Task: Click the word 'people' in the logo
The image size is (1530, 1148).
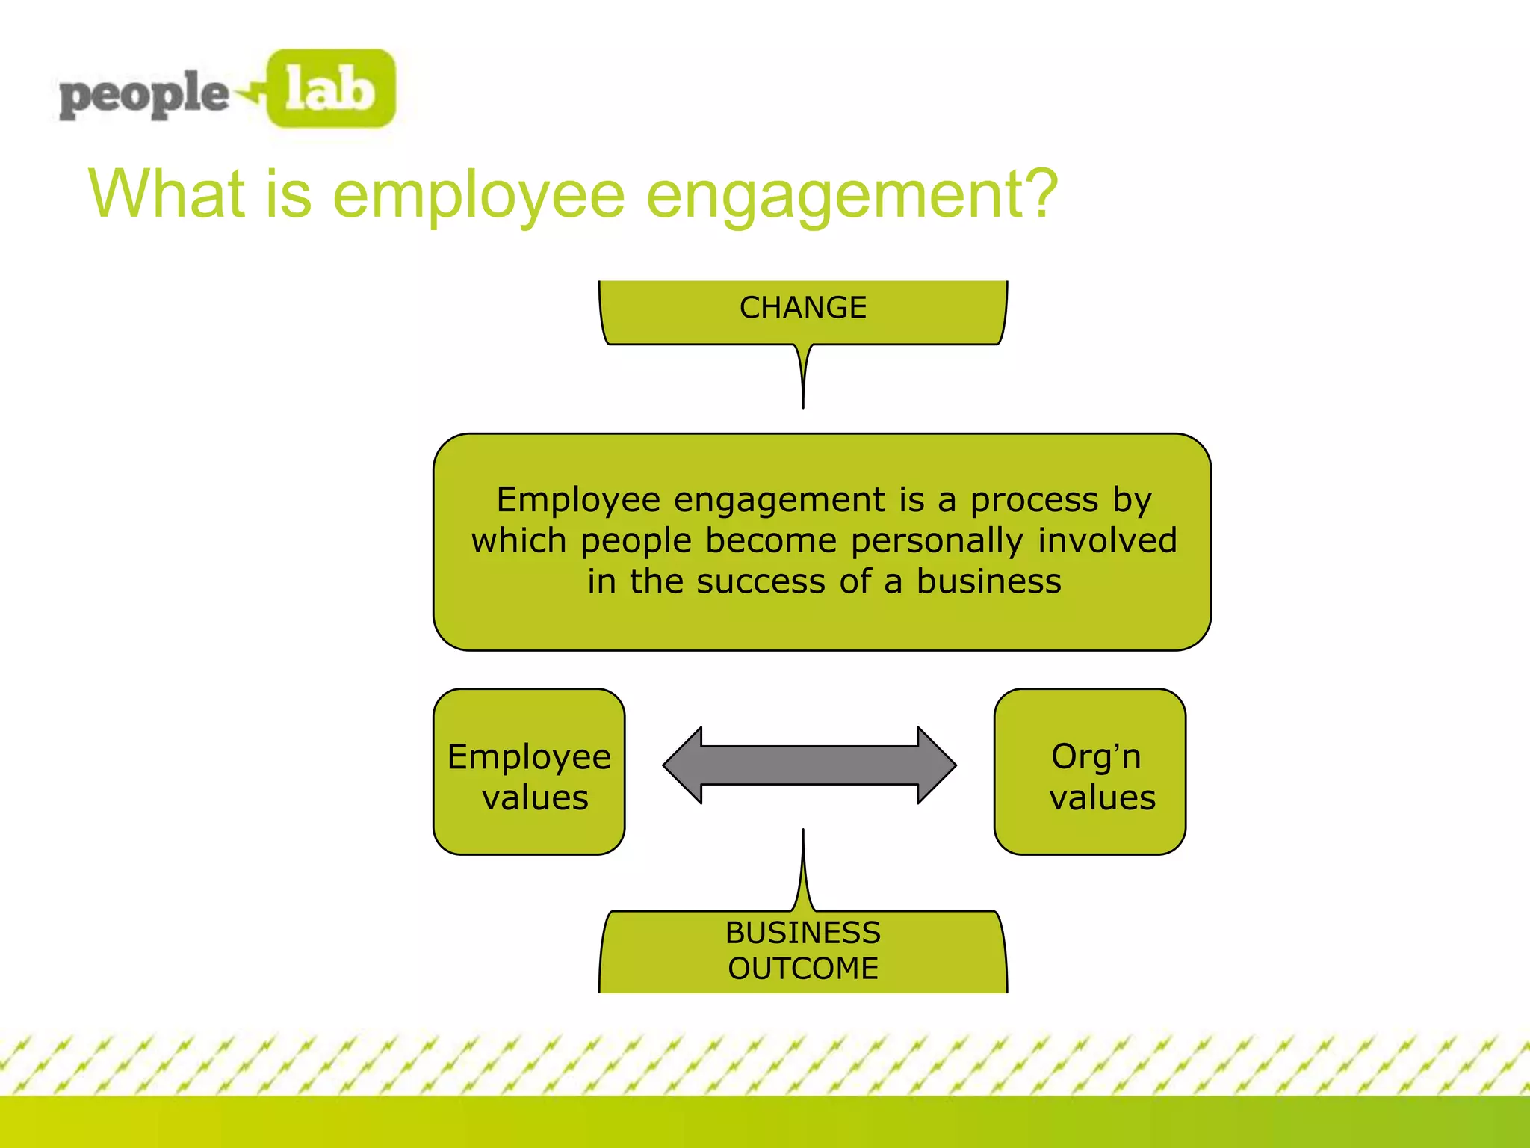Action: click(143, 95)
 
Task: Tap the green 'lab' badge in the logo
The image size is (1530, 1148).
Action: click(331, 89)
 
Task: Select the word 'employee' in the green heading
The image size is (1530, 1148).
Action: click(478, 196)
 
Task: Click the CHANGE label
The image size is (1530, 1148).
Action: click(803, 308)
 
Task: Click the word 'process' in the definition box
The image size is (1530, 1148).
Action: click(1034, 500)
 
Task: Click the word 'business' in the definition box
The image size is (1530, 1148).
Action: click(988, 581)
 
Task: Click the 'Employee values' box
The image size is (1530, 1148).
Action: click(529, 772)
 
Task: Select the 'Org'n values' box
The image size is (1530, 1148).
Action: click(1090, 772)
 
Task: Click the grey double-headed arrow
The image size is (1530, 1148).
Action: click(810, 765)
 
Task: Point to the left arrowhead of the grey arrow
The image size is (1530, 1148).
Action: click(684, 765)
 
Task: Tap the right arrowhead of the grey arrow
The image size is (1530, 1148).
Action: click(936, 765)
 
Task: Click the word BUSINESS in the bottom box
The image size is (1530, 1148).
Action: click(803, 933)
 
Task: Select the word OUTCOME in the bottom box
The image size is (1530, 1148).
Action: click(803, 969)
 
